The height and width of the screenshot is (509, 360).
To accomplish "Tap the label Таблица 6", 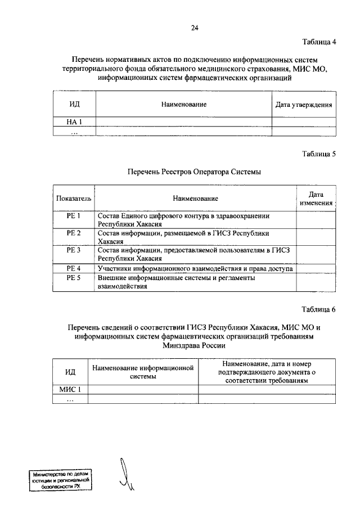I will coord(318,310).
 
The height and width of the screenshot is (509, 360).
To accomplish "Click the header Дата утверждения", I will coord(304,105).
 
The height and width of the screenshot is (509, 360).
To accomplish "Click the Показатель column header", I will coord(74,199).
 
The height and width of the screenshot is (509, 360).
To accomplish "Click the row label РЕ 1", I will coord(74,216).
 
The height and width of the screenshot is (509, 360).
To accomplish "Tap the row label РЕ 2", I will coord(74,233).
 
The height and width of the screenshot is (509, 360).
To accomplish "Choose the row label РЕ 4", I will coord(74,269).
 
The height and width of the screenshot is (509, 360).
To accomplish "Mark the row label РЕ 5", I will coord(74,278).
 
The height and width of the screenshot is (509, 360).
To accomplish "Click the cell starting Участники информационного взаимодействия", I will coord(195,269).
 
